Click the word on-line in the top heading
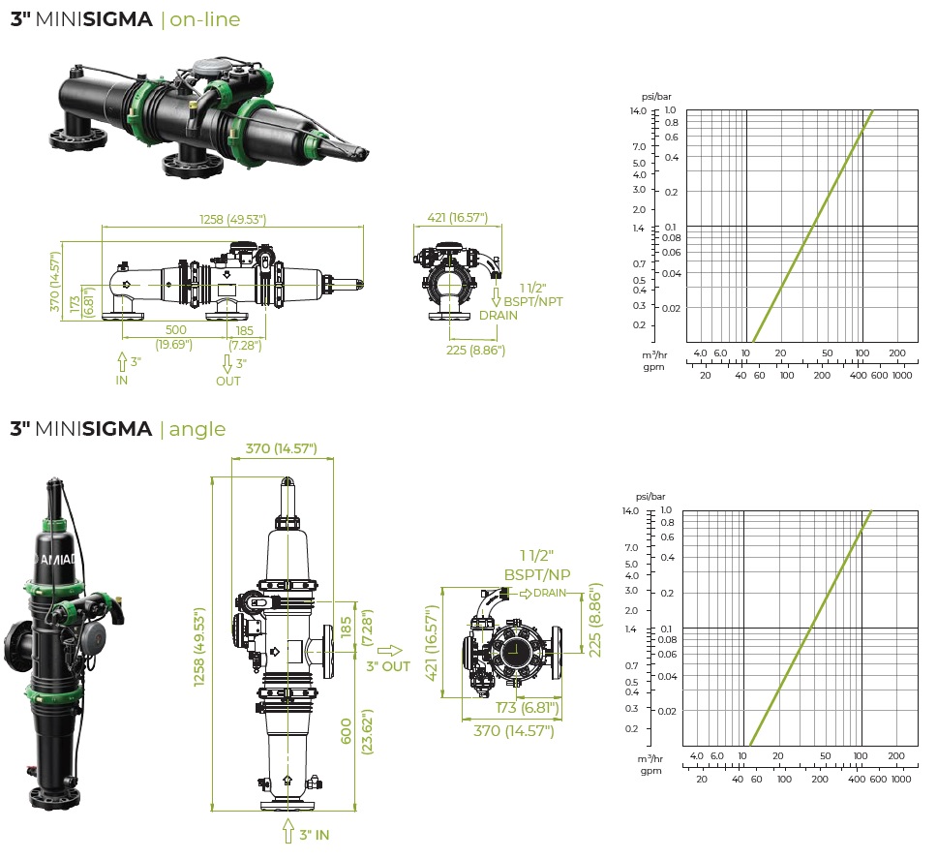coord(205,19)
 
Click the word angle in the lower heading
coord(197,428)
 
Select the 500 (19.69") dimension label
coord(175,336)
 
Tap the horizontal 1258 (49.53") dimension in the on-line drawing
coord(232,220)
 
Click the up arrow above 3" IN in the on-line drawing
coord(122,362)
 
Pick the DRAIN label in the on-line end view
coord(499,315)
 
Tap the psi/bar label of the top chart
coord(655,97)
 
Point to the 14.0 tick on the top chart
coord(637,111)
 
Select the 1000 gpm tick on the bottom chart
coord(900,779)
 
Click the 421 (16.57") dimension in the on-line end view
coord(457,218)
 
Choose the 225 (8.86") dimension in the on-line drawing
coord(474,350)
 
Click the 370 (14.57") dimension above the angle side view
coord(283,448)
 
